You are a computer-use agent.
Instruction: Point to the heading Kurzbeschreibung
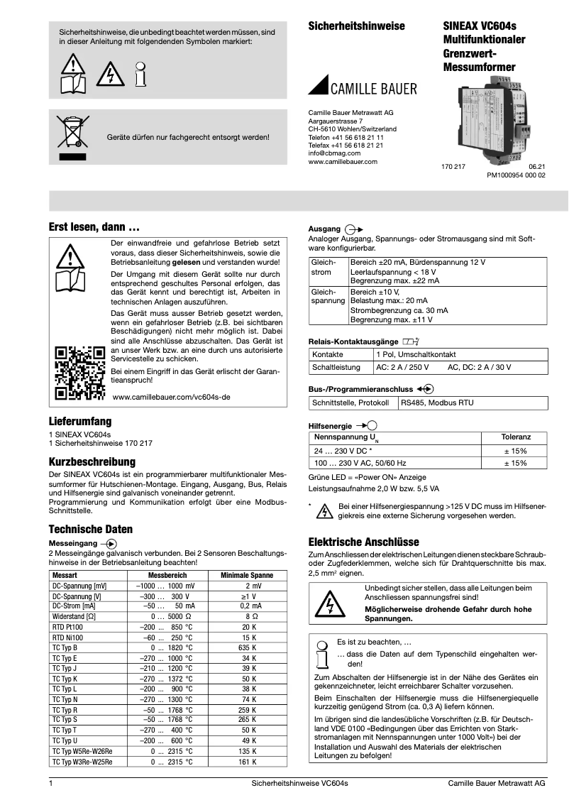[92, 462]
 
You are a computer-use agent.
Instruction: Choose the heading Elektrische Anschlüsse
[364, 542]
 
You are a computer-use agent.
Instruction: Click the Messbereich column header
[167, 574]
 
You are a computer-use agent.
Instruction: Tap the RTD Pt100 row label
[67, 628]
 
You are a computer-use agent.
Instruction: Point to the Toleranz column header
[515, 437]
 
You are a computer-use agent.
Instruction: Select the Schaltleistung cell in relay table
[336, 368]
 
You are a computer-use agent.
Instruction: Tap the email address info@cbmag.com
[334, 153]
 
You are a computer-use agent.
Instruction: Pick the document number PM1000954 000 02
[516, 175]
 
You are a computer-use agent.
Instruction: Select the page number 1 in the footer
[50, 783]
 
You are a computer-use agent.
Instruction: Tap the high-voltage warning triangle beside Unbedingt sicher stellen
[328, 604]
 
